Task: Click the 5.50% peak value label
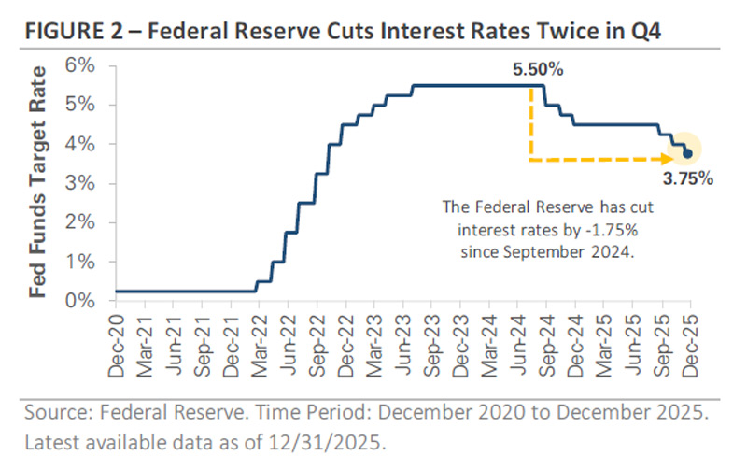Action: point(538,70)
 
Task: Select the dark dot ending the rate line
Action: point(688,153)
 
